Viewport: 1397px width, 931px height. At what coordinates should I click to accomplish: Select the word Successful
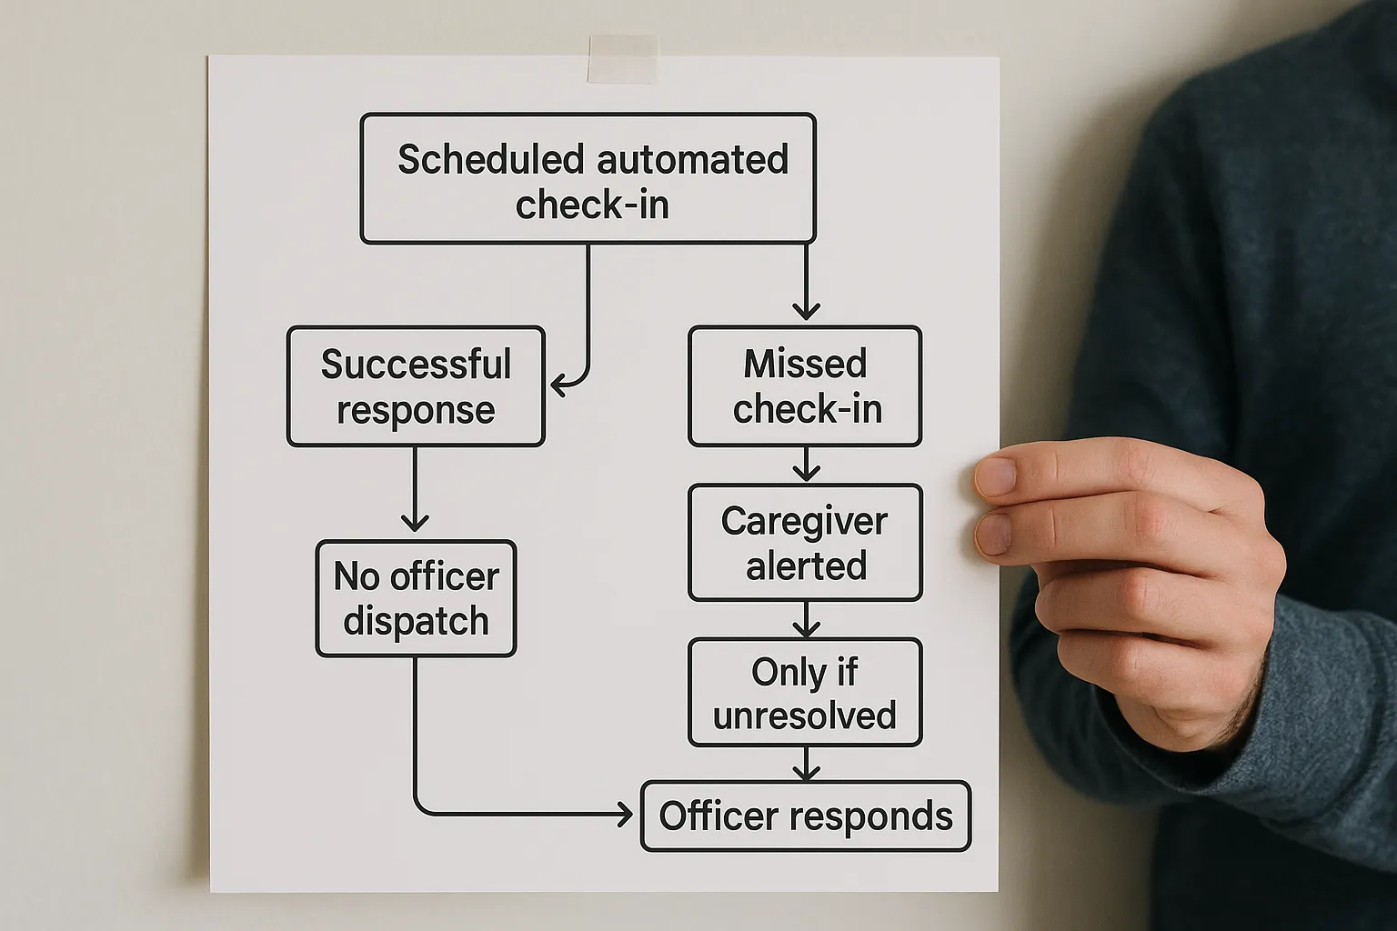(x=416, y=365)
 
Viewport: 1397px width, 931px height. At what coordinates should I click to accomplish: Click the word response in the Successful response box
(x=416, y=410)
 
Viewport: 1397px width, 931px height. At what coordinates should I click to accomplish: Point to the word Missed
(x=805, y=364)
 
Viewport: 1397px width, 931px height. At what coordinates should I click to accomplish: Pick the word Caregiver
(x=804, y=522)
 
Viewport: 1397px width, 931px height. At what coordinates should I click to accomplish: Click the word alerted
(x=806, y=566)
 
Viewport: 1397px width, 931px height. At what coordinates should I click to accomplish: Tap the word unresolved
(x=804, y=716)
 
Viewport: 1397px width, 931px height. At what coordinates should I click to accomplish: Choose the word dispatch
(x=416, y=622)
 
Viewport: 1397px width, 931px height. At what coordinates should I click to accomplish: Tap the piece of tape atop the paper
(x=622, y=60)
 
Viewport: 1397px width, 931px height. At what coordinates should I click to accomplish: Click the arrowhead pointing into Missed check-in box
(x=806, y=311)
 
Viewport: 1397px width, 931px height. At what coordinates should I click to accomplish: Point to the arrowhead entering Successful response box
(x=560, y=386)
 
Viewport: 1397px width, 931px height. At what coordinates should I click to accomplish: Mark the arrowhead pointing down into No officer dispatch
(x=415, y=523)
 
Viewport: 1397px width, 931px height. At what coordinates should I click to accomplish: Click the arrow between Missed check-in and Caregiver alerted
(x=806, y=465)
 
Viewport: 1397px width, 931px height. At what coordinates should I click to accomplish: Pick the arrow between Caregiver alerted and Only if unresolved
(x=806, y=621)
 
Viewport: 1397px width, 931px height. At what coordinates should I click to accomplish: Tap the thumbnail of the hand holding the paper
(x=996, y=476)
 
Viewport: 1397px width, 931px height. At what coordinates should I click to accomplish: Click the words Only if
(x=804, y=673)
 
